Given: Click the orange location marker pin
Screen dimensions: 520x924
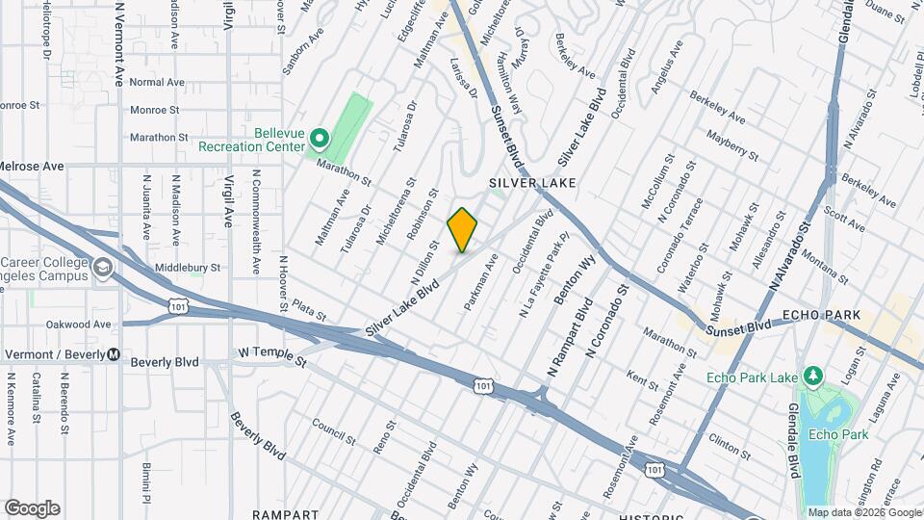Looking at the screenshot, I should pos(462,229).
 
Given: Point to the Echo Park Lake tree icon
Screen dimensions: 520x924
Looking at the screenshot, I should pos(811,375).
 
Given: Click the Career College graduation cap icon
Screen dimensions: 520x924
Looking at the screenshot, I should pos(103,267).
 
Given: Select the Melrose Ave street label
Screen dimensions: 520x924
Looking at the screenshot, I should pos(32,167).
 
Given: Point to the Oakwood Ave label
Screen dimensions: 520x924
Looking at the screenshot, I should pos(80,325).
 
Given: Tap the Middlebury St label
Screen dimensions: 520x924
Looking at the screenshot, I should pos(188,268).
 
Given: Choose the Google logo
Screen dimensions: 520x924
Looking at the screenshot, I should pos(32,507).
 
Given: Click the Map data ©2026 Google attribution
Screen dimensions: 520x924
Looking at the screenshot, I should pos(863,512).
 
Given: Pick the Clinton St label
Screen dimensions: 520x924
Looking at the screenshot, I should pos(730,444).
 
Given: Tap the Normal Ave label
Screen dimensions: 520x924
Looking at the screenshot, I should pos(156,83).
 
